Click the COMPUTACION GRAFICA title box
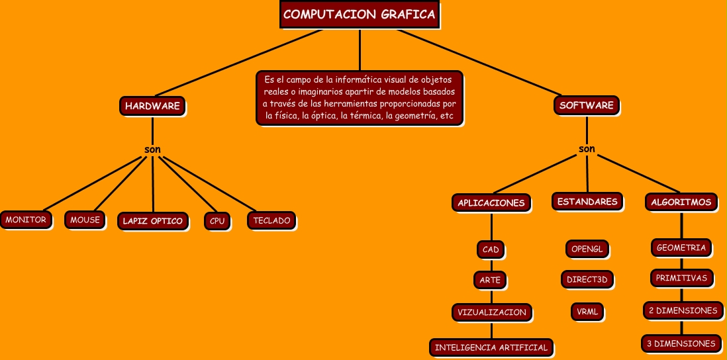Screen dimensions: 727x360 tap(360, 15)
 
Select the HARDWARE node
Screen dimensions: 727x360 tap(152, 106)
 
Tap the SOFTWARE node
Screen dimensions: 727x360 tap(587, 105)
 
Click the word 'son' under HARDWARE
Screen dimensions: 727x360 tap(152, 149)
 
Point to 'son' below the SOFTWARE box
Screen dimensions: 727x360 tap(587, 148)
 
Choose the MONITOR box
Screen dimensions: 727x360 tap(26, 220)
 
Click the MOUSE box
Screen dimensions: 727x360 tap(85, 220)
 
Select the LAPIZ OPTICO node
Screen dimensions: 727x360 tap(152, 221)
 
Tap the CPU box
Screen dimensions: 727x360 tap(217, 221)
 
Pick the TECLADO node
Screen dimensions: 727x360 tap(271, 220)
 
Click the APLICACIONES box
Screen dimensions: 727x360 tap(491, 203)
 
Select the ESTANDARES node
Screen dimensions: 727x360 tap(587, 201)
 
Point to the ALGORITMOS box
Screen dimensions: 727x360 tap(681, 202)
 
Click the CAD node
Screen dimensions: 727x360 tap(491, 249)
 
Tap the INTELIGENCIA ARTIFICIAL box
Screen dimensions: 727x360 tap(491, 347)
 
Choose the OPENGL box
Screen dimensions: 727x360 tap(587, 249)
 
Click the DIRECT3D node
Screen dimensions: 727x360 tap(587, 279)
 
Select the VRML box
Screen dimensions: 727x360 tap(587, 310)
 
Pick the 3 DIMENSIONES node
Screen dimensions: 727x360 tap(681, 343)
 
